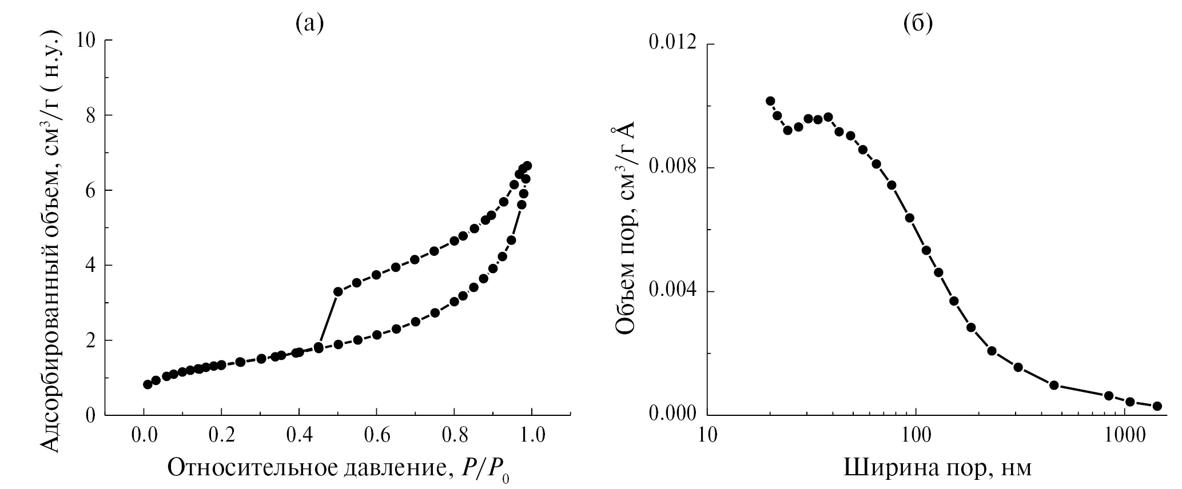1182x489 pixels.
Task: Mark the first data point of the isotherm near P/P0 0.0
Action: (148, 384)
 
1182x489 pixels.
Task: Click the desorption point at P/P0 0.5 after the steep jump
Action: (338, 291)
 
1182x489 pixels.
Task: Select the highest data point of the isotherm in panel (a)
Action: (527, 166)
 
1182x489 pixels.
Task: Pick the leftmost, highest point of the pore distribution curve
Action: (770, 101)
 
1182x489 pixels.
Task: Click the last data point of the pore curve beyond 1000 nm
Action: (1157, 406)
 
